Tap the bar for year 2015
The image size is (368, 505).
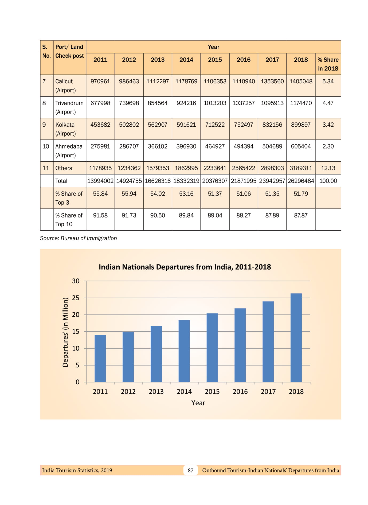[212, 347]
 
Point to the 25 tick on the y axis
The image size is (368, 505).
[76, 298]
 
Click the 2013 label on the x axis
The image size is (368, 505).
[156, 391]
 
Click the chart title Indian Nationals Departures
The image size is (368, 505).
[185, 267]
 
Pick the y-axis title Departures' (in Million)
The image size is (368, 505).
[65, 332]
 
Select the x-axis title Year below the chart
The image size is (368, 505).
[198, 403]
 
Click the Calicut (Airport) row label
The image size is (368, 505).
[65, 86]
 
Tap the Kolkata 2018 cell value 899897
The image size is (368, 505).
[301, 125]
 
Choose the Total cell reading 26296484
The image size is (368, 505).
[301, 181]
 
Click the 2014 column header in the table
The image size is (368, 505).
[186, 60]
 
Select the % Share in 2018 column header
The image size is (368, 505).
[328, 64]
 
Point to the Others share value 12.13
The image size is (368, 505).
[328, 168]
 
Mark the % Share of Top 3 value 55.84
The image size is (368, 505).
[100, 194]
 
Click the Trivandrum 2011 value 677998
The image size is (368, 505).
[100, 103]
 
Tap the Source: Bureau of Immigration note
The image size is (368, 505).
[78, 238]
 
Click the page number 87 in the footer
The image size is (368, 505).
[190, 470]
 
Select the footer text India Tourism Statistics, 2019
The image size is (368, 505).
[77, 470]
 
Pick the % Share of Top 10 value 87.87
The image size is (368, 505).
[301, 215]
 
